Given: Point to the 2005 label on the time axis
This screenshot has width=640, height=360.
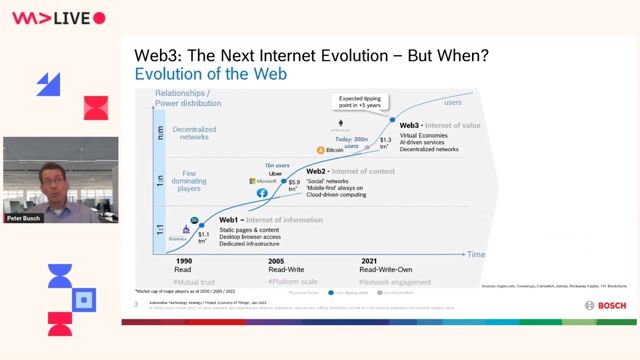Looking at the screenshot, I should pos(277,260).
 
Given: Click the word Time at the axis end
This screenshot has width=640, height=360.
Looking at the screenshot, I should pos(475,255).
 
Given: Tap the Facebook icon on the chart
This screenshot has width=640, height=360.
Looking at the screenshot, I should pos(262,191).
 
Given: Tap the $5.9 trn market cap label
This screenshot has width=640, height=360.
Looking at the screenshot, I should pos(294,185).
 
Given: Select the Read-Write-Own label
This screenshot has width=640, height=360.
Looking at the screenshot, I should pos(383,269).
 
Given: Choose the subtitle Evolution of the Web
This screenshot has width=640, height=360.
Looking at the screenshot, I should pos(211,74).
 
